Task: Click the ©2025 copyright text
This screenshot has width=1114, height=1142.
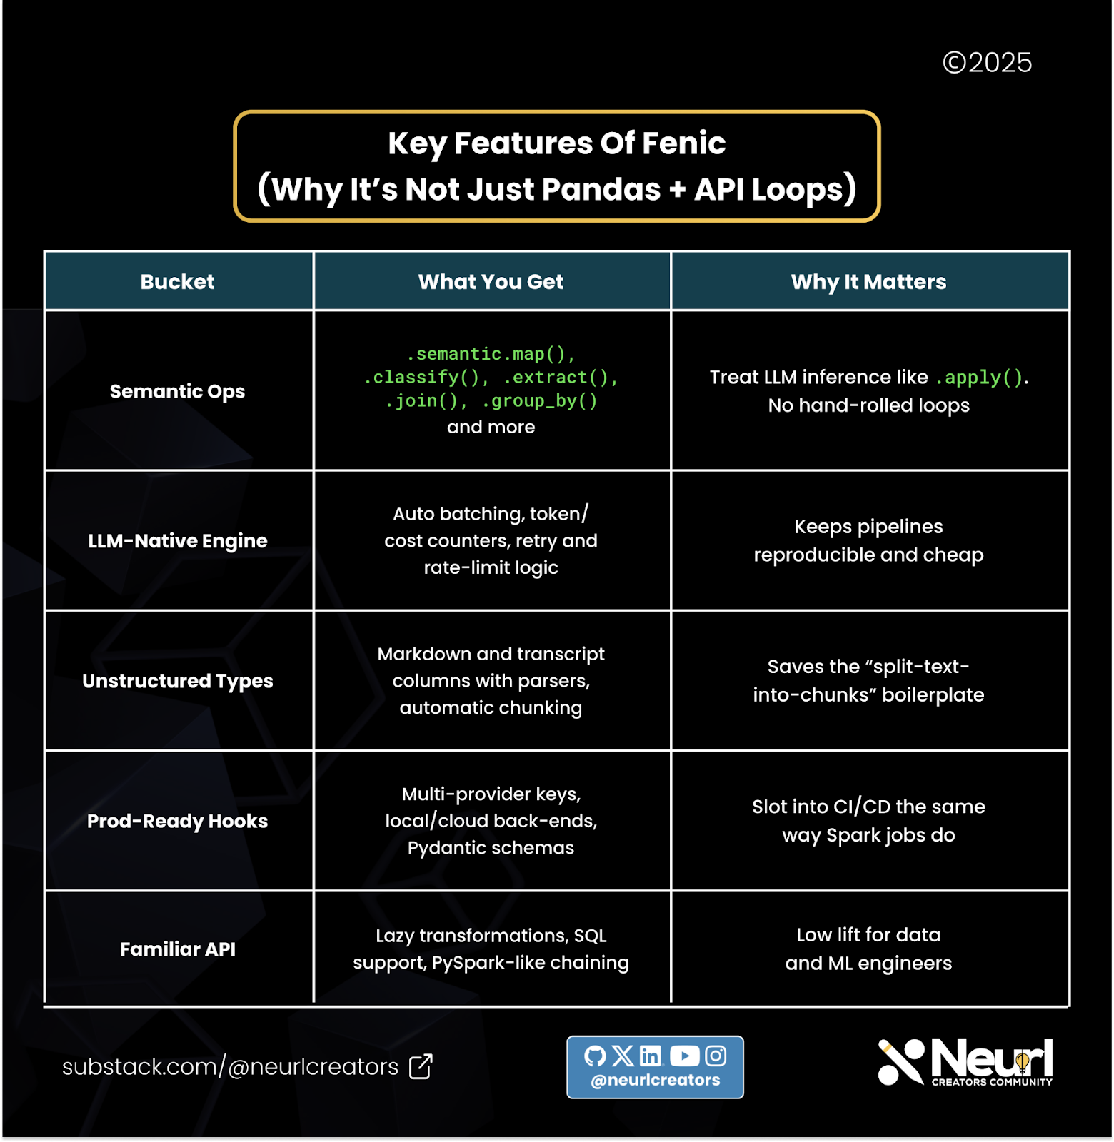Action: click(x=987, y=63)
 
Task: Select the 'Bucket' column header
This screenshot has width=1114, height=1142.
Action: click(x=177, y=282)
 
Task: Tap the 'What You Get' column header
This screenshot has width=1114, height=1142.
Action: click(x=491, y=282)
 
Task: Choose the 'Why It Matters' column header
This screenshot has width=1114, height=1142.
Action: click(x=868, y=282)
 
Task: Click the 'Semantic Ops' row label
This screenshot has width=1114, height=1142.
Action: click(x=177, y=391)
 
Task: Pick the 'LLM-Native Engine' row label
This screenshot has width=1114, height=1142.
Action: click(x=177, y=541)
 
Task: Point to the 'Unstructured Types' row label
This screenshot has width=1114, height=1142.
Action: click(x=177, y=681)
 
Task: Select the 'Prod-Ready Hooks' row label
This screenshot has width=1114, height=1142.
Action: click(x=177, y=821)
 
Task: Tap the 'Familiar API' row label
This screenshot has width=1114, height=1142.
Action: click(x=177, y=949)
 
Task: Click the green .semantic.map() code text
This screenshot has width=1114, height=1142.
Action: click(x=491, y=354)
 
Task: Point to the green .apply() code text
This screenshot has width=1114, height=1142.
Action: click(x=980, y=378)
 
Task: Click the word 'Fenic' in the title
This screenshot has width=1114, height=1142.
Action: click(x=683, y=143)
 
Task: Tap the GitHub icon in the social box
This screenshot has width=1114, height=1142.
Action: click(x=595, y=1056)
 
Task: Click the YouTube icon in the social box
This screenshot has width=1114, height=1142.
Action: click(x=684, y=1056)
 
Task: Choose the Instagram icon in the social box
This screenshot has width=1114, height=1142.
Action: click(x=716, y=1056)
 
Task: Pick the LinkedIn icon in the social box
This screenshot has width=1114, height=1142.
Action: click(x=650, y=1056)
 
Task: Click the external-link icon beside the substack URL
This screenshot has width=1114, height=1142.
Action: click(x=421, y=1066)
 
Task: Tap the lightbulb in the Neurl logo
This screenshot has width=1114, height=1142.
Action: click(x=1022, y=1062)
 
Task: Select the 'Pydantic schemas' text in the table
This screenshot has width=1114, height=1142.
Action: click(x=491, y=848)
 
